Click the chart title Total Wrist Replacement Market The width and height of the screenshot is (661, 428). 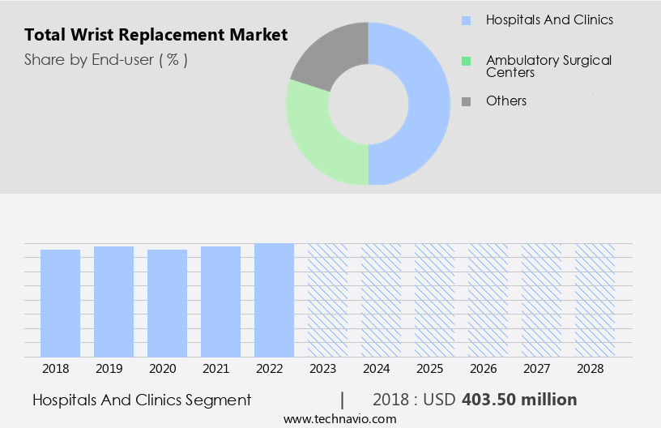(x=156, y=35)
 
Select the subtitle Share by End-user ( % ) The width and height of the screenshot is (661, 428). (x=106, y=59)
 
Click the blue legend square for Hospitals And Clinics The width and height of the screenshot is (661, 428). (x=466, y=20)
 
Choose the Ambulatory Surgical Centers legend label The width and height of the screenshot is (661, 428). (x=548, y=66)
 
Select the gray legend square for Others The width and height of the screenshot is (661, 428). (x=466, y=101)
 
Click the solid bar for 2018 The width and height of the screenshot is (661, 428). (x=61, y=303)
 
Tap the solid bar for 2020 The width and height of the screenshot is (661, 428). (x=168, y=303)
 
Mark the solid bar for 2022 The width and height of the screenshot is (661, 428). (x=274, y=300)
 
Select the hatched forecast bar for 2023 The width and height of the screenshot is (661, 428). (x=327, y=300)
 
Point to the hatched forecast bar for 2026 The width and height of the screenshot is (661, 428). (x=488, y=300)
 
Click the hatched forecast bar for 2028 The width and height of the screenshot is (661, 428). (x=595, y=300)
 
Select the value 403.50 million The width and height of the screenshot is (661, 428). (x=519, y=400)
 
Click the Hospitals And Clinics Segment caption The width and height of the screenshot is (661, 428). (x=142, y=400)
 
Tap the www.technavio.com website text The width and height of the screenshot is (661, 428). (x=339, y=419)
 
